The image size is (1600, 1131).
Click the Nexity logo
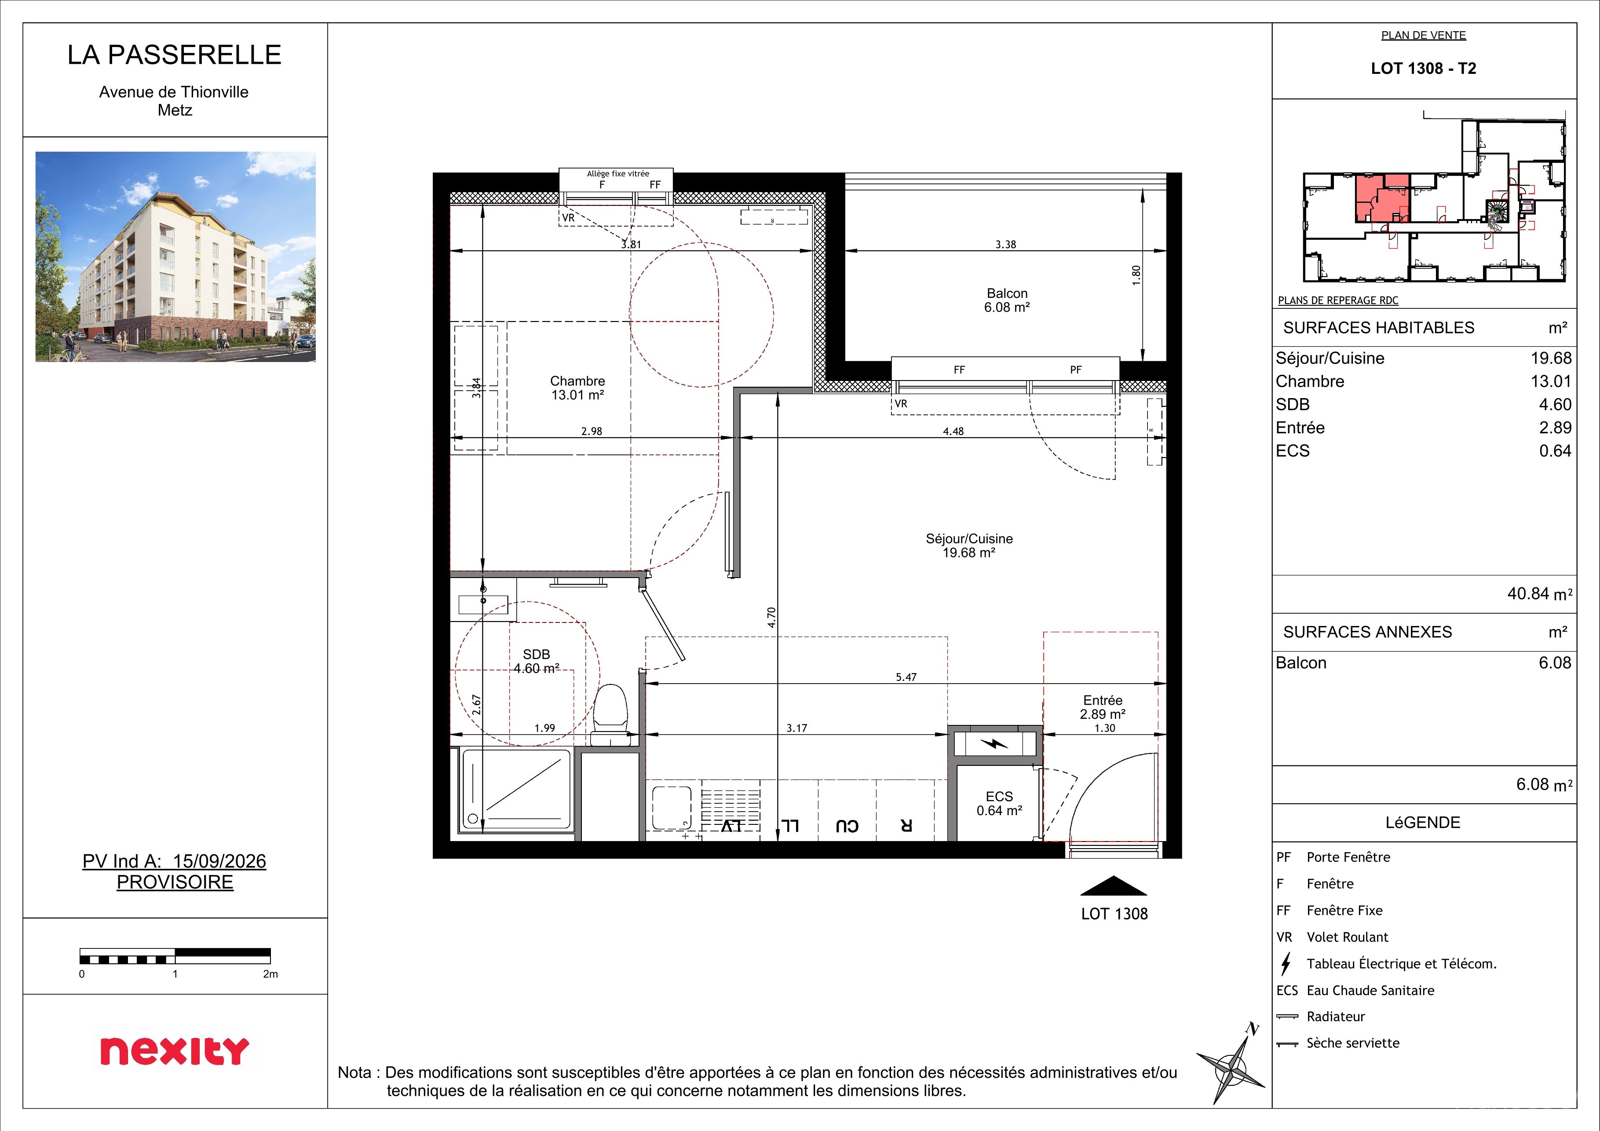point(174,1051)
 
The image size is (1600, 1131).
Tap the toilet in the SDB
point(610,715)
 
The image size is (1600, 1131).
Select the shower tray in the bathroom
point(516,790)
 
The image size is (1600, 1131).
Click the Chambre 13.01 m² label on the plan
point(578,388)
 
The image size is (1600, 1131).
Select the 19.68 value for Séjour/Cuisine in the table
point(1551,358)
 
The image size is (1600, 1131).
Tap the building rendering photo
point(175,256)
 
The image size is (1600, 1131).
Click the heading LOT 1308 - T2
point(1424,68)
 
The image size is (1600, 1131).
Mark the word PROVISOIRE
point(175,882)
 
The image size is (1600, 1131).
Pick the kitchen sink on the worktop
point(672,809)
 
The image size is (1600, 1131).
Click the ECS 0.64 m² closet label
point(999,803)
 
